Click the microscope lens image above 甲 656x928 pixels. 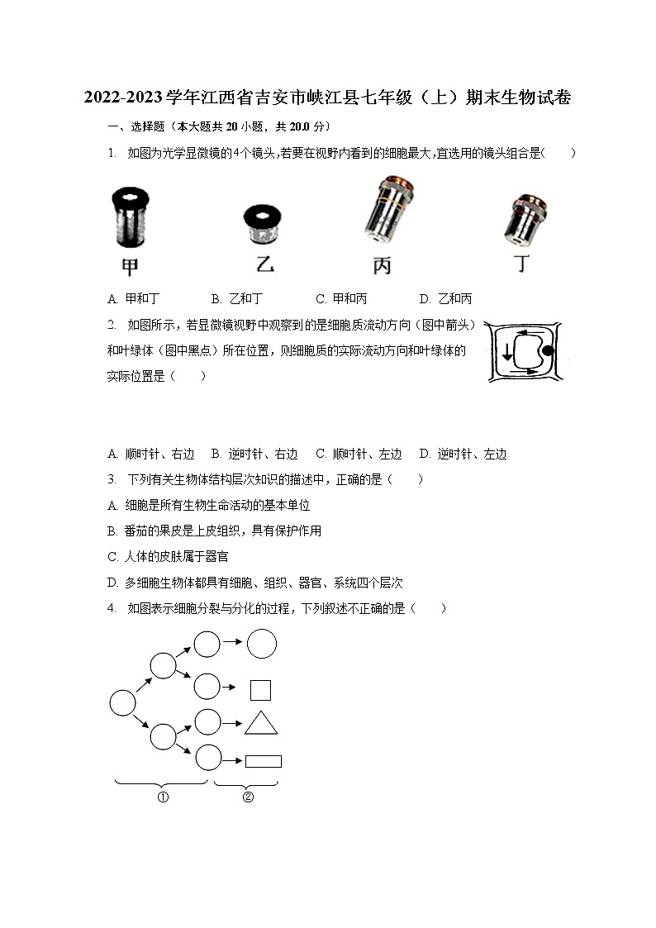pyautogui.click(x=130, y=217)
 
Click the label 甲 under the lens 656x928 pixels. pyautogui.click(x=130, y=266)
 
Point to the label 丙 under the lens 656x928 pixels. pyautogui.click(x=382, y=266)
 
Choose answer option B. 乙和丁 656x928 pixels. pyautogui.click(x=237, y=298)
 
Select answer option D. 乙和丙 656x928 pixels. pyautogui.click(x=445, y=298)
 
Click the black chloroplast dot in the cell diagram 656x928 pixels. pyautogui.click(x=547, y=350)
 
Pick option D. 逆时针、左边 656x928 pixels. pyautogui.click(x=463, y=454)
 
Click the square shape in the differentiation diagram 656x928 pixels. pyautogui.click(x=261, y=690)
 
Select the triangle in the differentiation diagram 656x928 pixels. pyautogui.click(x=261, y=724)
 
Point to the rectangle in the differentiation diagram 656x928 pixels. pyautogui.click(x=264, y=761)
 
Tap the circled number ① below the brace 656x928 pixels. pyautogui.click(x=163, y=797)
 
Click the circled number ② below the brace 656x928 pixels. pyautogui.click(x=247, y=797)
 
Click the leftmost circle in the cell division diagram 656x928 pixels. pyautogui.click(x=122, y=703)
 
